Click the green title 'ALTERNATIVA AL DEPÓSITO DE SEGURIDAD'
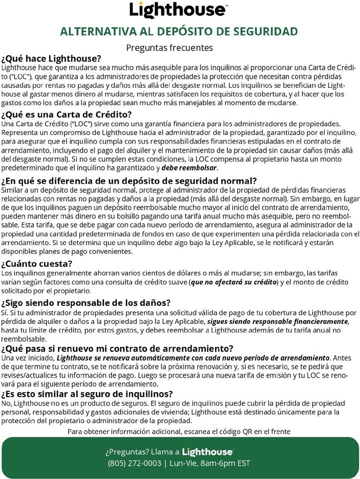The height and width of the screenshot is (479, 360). click(179, 31)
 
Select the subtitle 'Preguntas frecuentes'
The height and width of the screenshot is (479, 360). click(170, 48)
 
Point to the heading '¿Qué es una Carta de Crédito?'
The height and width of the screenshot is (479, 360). click(67, 114)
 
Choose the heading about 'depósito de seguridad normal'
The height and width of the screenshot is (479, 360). click(129, 181)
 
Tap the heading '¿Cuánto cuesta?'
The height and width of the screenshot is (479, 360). click(37, 263)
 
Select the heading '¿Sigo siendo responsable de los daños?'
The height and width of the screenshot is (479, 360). click(86, 303)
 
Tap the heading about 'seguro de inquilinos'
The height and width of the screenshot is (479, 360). click(87, 393)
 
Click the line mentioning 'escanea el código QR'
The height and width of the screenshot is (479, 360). click(179, 431)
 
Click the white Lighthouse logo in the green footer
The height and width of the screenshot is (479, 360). click(207, 452)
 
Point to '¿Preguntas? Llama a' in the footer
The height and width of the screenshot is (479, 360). click(142, 452)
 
